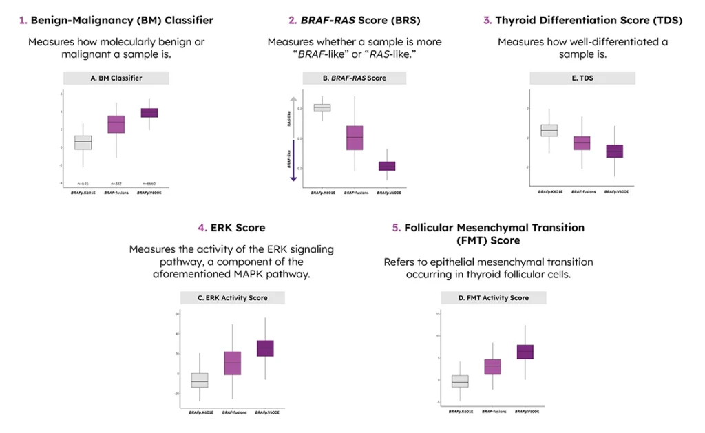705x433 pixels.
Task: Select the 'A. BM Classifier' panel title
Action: pyautogui.click(x=116, y=78)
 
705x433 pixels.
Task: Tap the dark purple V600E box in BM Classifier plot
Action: pyautogui.click(x=149, y=113)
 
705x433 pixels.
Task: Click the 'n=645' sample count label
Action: pyautogui.click(x=83, y=183)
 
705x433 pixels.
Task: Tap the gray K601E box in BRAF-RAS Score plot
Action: pyautogui.click(x=322, y=107)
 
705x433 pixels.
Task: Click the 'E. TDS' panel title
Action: pyautogui.click(x=582, y=78)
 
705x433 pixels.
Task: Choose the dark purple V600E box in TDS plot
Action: pyautogui.click(x=615, y=151)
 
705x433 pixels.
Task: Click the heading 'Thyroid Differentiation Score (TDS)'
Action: pyautogui.click(x=589, y=21)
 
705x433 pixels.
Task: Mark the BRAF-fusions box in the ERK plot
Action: pyautogui.click(x=233, y=363)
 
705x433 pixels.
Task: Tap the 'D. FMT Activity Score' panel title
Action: pyautogui.click(x=493, y=297)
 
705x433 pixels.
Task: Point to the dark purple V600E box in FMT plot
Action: pyautogui.click(x=525, y=352)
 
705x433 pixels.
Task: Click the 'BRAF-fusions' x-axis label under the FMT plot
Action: pyautogui.click(x=493, y=411)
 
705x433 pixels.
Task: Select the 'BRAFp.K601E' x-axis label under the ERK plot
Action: pyautogui.click(x=200, y=411)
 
